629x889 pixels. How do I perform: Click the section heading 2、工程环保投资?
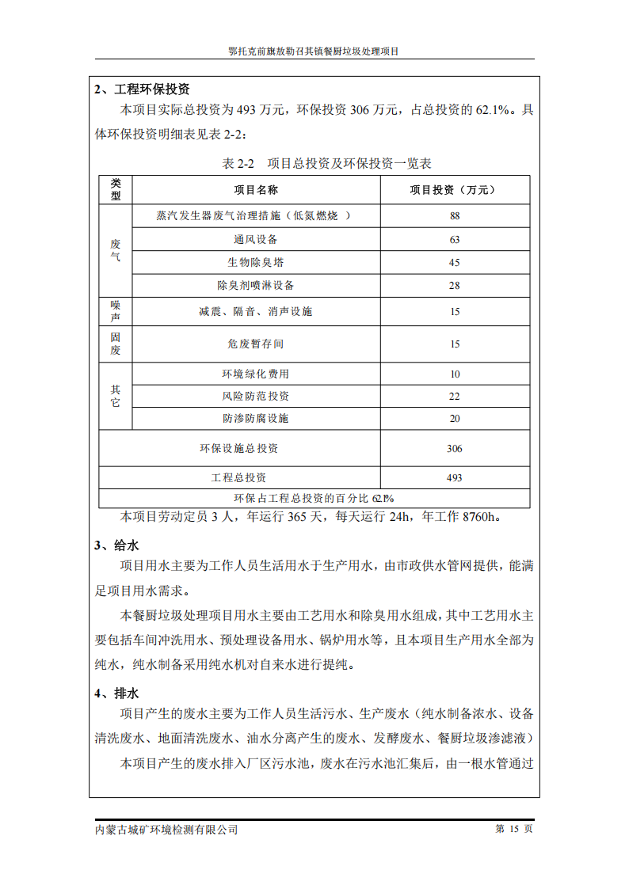point(142,89)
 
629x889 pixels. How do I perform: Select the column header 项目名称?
point(256,190)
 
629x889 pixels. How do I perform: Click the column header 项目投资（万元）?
point(454,190)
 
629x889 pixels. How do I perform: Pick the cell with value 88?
point(455,216)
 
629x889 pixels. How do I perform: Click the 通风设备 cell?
point(256,239)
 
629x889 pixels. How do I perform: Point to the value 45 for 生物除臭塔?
point(455,262)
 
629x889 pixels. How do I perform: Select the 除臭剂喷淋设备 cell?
point(256,285)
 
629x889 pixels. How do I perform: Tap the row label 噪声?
point(116,311)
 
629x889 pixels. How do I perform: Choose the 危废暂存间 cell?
point(256,344)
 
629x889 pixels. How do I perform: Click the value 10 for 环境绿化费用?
point(455,374)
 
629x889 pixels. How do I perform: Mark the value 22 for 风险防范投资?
point(455,397)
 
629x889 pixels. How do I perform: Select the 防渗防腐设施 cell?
point(256,419)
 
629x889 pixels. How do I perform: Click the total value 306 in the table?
point(455,449)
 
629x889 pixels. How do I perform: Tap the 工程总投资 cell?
point(239,478)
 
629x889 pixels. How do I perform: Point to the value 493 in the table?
point(455,478)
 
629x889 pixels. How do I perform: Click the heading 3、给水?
point(116,545)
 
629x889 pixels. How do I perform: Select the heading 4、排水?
point(116,693)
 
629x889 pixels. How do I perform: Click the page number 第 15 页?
point(514,829)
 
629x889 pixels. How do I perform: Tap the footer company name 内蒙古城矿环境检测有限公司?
point(166,830)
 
